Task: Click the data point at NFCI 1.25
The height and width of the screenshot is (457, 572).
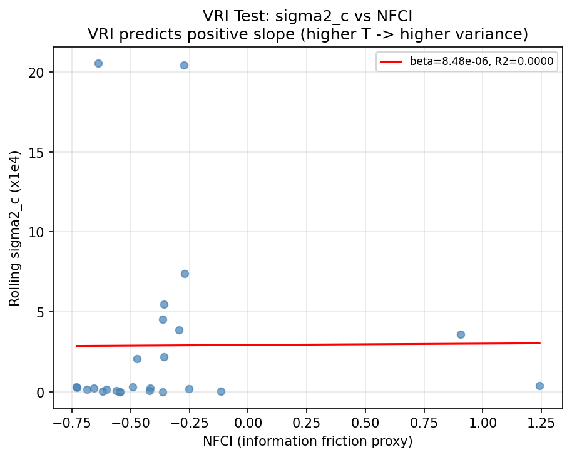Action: [539, 386]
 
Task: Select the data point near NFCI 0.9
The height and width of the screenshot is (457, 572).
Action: [461, 334]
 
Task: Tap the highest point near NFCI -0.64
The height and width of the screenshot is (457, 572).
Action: [98, 63]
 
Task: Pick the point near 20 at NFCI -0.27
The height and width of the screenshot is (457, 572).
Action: [184, 65]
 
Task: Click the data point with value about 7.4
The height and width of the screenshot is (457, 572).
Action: [185, 274]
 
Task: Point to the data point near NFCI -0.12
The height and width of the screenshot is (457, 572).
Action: [221, 391]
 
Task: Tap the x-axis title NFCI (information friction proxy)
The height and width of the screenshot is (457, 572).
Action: [307, 441]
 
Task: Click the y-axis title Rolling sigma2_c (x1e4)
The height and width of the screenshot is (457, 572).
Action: [14, 228]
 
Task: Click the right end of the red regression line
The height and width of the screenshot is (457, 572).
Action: [539, 343]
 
